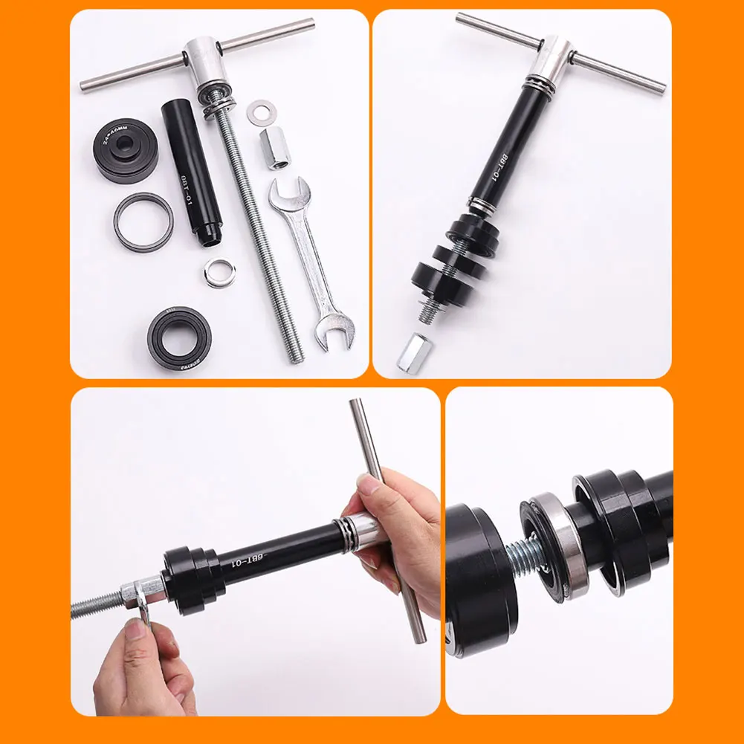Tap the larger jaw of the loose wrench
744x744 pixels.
click(x=331, y=332)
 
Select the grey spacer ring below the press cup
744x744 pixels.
click(x=143, y=222)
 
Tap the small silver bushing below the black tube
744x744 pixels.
click(x=218, y=272)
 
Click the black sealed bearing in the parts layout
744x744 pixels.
click(x=179, y=336)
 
